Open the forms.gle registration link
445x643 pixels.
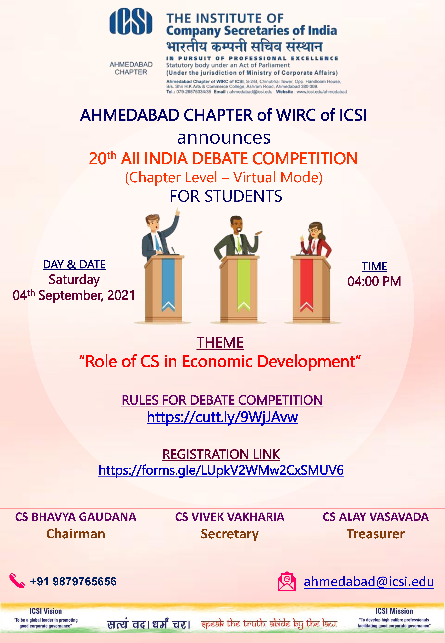[221, 470]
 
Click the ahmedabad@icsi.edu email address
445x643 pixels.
[369, 582]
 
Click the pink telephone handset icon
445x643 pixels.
[17, 581]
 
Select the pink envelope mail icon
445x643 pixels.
[287, 581]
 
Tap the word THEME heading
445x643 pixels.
[220, 343]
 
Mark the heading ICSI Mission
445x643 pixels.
[394, 611]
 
